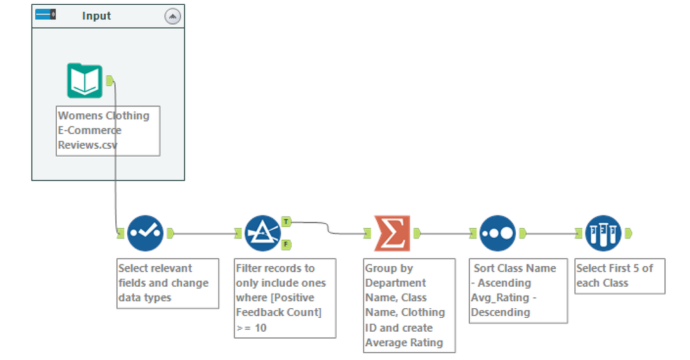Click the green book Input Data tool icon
pos(84,81)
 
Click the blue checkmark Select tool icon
pos(145,233)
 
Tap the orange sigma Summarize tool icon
pos(392,233)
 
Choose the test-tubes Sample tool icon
pos(603,233)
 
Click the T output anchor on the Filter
pos(286,221)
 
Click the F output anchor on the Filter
pos(286,244)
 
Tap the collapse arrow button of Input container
pos(173,16)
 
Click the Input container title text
pos(96,16)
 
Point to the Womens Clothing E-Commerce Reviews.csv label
pos(107,131)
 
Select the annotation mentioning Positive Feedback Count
pos(284,297)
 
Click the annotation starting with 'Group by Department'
pos(409,305)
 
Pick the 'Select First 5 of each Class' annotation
pos(619,276)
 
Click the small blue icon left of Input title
pos(46,15)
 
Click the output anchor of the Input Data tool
pos(109,81)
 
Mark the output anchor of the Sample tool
pos(628,234)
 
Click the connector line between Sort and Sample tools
pos(552,234)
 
